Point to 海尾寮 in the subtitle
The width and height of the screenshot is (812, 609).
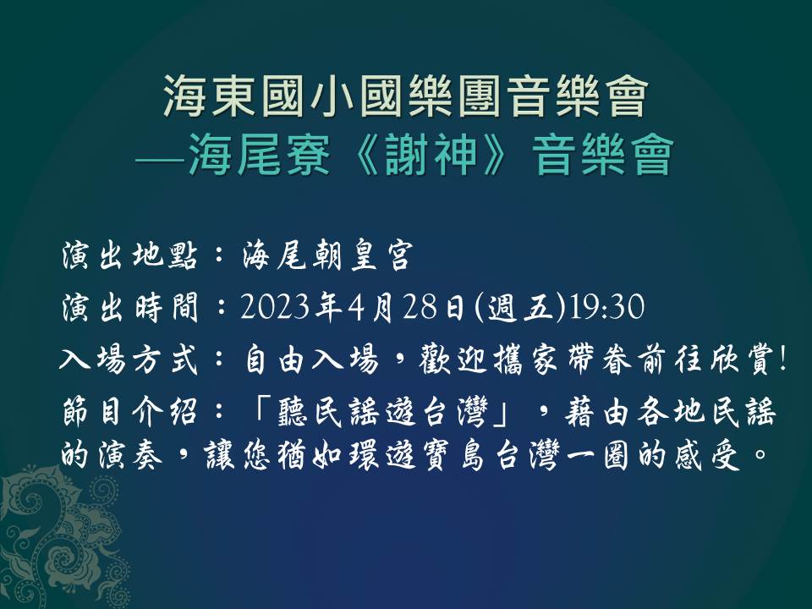click(260, 154)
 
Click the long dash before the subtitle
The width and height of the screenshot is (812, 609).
click(161, 157)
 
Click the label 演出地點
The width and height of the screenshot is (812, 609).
click(129, 255)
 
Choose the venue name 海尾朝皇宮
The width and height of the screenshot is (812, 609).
click(327, 255)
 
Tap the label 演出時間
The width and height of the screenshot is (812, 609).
click(129, 307)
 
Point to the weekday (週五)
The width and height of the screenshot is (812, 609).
click(520, 308)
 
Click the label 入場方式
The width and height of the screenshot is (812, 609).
click(129, 359)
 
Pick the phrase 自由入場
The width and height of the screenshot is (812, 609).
click(310, 359)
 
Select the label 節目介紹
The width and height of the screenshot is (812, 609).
click(129, 413)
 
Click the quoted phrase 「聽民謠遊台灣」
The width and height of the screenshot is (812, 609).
click(381, 413)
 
